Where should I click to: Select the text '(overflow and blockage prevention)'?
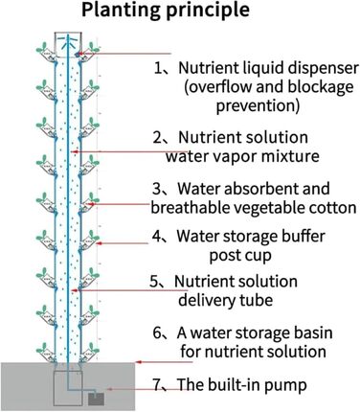(x=256, y=96)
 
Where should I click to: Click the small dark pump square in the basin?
(x=95, y=396)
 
